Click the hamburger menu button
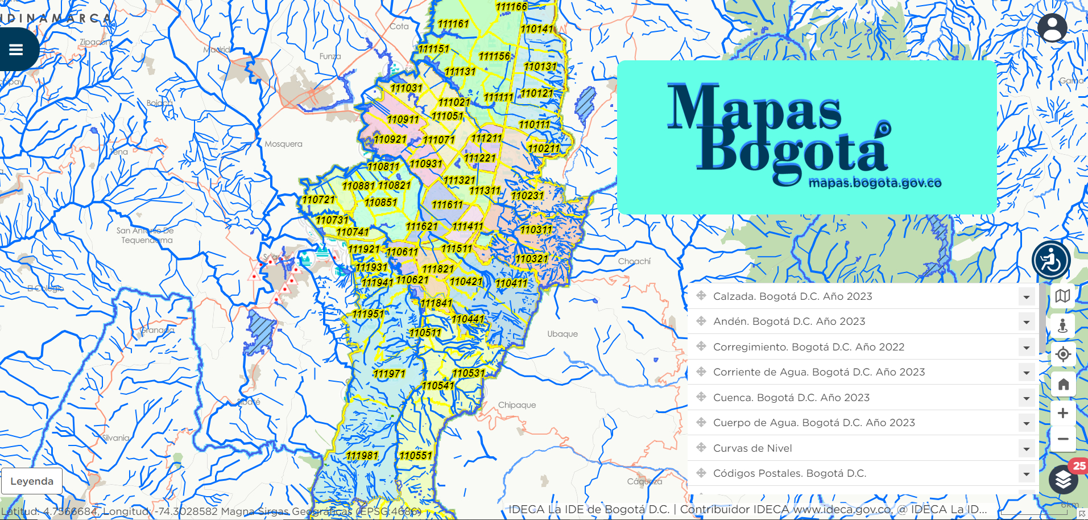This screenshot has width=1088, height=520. pos(16,49)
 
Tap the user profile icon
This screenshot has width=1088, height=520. pos(1052,28)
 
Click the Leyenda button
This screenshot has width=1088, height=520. pos(32,481)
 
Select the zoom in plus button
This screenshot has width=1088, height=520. pos(1062,413)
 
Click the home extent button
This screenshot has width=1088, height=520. pos(1062,384)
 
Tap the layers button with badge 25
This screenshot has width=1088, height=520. pos(1063,480)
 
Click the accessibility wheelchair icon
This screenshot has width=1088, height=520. pos(1051,261)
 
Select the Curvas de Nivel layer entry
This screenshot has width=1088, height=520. pos(752,448)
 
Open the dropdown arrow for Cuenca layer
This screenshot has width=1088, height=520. pos(1026,398)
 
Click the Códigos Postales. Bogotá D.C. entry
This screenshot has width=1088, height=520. pos(789,473)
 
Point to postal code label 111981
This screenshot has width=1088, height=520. pos(362,456)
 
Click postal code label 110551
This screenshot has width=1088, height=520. pos(416,456)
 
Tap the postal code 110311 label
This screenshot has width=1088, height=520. pos(536,230)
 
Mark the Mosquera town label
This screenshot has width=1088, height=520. pos(283,144)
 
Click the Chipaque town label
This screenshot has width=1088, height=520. pos(517,405)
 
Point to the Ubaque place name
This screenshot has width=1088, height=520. pos(562,334)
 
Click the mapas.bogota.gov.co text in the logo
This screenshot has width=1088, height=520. pos(875,183)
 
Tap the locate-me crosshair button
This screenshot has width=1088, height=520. pos(1062,354)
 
